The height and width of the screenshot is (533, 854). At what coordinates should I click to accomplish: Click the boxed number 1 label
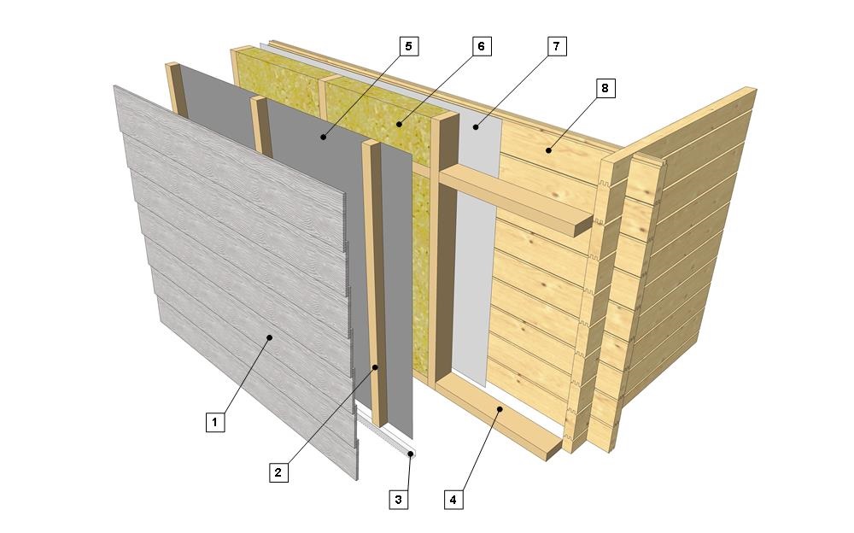(215, 422)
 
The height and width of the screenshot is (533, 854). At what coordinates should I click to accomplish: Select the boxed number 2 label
(278, 472)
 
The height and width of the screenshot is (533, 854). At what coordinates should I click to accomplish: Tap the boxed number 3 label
(399, 499)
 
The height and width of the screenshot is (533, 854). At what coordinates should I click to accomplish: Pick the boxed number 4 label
(453, 499)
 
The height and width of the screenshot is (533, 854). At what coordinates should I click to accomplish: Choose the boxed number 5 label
(409, 46)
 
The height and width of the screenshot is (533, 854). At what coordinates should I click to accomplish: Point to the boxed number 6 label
(482, 46)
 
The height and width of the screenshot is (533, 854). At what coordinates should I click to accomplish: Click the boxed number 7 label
(557, 46)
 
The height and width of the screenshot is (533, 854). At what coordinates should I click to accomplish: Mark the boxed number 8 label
(605, 88)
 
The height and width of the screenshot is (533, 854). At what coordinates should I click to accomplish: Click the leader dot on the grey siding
(269, 338)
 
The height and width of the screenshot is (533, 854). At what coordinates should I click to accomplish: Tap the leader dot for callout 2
(375, 367)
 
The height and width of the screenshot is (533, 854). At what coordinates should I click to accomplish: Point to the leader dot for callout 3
(410, 454)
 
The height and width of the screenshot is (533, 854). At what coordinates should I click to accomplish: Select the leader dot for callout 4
(500, 407)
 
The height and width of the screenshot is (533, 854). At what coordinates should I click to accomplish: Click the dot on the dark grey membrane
(323, 138)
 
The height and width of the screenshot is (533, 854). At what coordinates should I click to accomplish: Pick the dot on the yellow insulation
(399, 125)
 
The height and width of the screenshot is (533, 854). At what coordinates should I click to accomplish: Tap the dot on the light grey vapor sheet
(476, 127)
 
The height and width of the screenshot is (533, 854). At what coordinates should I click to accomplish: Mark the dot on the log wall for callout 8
(549, 150)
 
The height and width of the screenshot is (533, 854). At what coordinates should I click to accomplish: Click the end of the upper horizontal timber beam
(584, 225)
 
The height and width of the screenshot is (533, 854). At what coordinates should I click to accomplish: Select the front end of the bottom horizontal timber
(554, 451)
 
